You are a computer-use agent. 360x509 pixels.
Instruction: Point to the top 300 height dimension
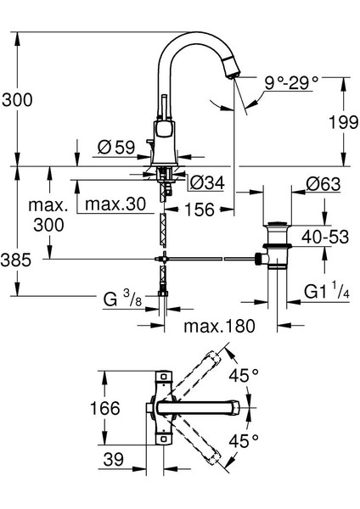[16, 99]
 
